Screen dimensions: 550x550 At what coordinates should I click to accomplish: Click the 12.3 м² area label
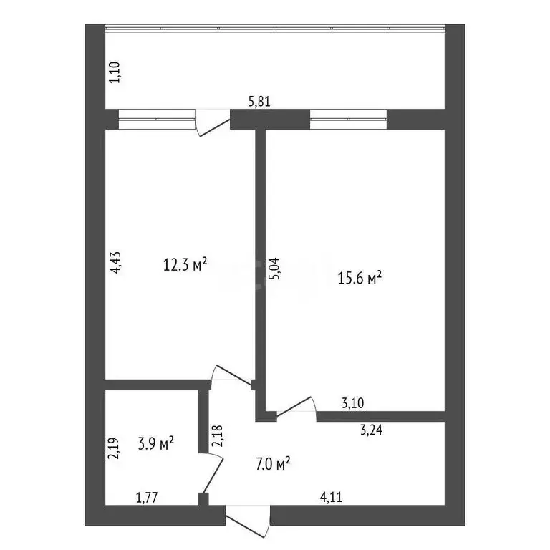185,266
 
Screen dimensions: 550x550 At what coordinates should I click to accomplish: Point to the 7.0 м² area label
272,465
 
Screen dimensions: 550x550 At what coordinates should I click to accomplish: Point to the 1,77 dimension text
148,496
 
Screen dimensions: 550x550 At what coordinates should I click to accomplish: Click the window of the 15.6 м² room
348,120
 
